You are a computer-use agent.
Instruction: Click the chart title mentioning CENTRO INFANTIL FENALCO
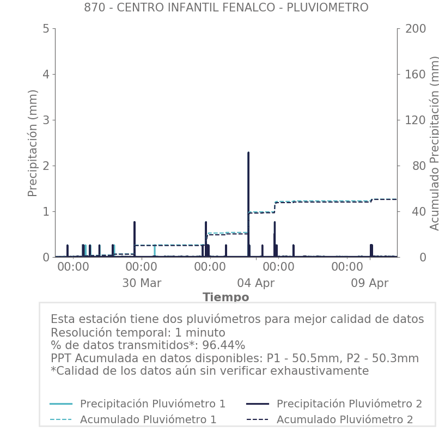pos(226,8)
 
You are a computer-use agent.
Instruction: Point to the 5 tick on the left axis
pos(46,28)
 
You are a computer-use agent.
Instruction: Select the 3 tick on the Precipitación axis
pos(46,120)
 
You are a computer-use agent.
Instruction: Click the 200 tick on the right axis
pos(414,28)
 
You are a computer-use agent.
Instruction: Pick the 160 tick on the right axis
pos(414,74)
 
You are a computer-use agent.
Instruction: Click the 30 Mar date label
pos(142,283)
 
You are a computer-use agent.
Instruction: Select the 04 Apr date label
pos(255,283)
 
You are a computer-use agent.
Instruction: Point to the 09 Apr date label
pos(370,283)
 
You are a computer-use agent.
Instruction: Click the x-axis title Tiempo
pos(226,297)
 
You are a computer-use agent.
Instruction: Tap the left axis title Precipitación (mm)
pos(33,143)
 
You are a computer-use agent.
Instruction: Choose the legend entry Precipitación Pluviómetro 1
pos(153,404)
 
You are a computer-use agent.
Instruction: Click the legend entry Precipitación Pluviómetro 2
pos(349,404)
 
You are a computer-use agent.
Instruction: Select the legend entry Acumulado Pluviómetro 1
pos(148,419)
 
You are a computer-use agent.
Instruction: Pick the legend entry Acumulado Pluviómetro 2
pos(345,419)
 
